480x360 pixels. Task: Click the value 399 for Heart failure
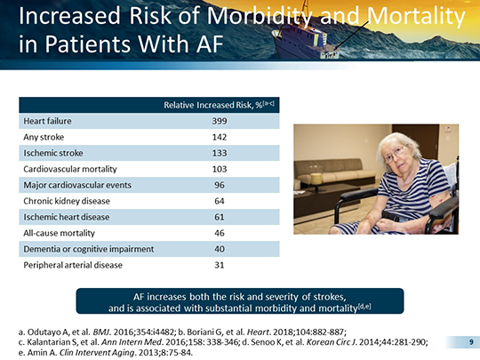pos(220,121)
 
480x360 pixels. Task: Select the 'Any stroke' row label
pos(44,137)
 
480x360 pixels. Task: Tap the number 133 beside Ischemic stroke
pos(220,153)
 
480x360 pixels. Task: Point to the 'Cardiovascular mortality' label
pos(70,169)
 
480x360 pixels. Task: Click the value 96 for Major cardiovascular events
pos(220,185)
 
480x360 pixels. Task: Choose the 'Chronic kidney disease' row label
pos(67,201)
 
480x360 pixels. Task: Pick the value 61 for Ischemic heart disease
pos(220,217)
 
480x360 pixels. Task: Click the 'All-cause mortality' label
pos(59,233)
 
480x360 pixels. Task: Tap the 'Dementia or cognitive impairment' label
pos(89,249)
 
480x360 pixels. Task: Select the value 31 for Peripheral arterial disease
pos(220,265)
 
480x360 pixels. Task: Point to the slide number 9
pos(471,342)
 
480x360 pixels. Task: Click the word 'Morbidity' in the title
pos(260,16)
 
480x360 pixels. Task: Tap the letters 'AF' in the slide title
pos(210,44)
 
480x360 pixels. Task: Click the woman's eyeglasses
pos(395,155)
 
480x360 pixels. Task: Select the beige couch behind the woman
pos(333,172)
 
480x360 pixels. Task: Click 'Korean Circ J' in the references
pos(332,342)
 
